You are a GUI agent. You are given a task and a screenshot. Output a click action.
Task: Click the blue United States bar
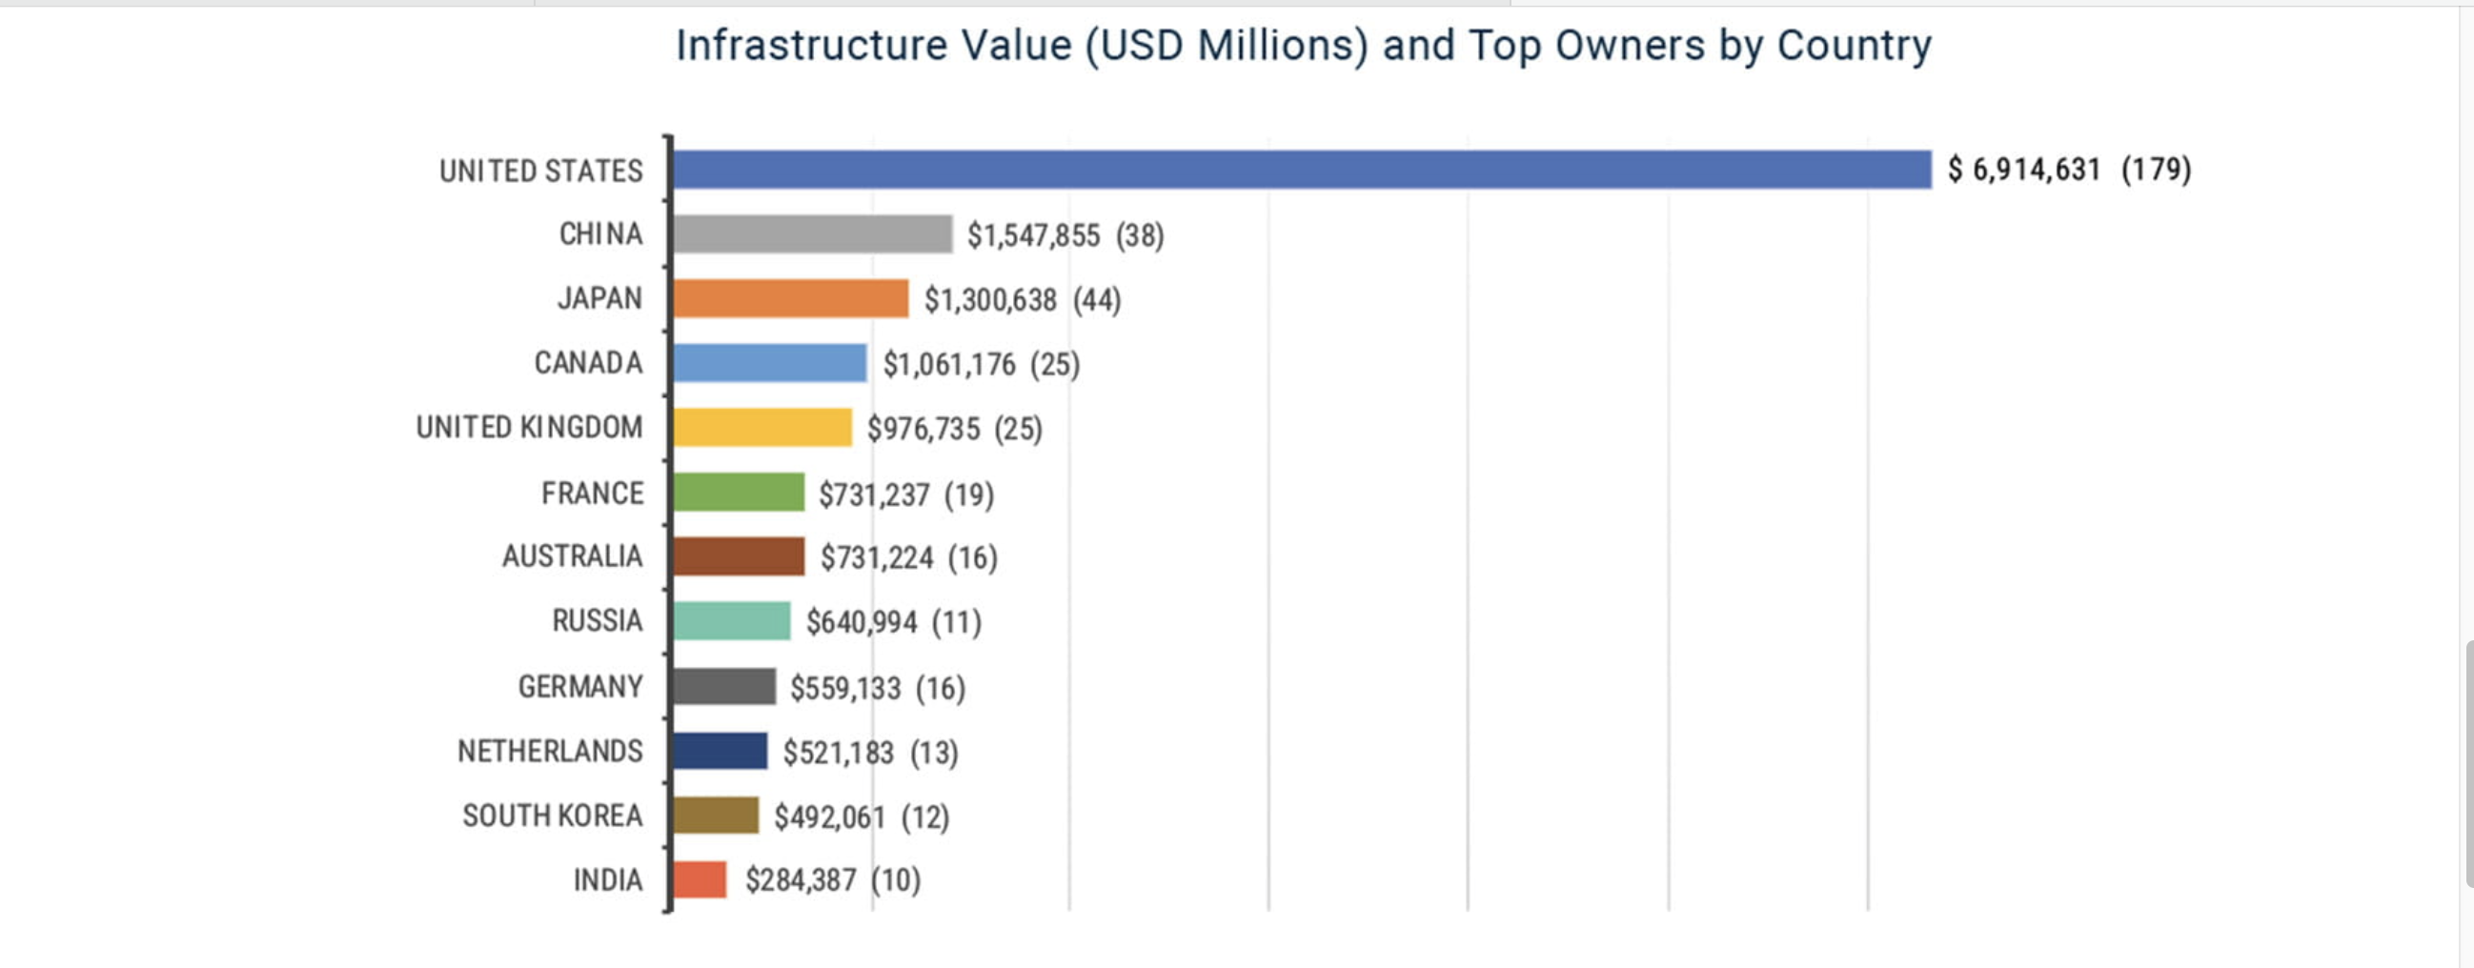point(1302,170)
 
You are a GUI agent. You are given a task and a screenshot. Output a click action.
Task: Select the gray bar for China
point(813,234)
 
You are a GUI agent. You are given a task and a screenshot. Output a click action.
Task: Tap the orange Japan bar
point(790,298)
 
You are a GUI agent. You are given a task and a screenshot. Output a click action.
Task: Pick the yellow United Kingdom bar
point(762,428)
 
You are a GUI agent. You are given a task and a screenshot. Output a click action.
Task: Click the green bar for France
point(739,493)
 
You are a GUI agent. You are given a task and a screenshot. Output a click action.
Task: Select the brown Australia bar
point(739,557)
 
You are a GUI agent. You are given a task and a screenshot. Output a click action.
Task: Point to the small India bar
point(700,879)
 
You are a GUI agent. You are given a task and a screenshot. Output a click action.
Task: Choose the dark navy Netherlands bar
point(720,751)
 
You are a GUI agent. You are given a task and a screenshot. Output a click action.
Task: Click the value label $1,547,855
point(1033,235)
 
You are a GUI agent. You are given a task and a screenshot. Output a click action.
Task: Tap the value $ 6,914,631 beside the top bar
point(2023,170)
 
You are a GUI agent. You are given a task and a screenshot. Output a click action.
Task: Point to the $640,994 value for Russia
point(862,622)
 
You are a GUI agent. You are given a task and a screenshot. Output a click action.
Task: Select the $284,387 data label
point(800,879)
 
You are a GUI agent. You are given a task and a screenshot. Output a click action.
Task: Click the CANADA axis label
point(588,363)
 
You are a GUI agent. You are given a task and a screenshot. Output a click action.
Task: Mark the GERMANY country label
point(580,687)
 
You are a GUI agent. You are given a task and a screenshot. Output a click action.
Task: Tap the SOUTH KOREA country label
point(552,816)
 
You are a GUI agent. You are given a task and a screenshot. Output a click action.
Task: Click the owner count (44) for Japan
point(1097,299)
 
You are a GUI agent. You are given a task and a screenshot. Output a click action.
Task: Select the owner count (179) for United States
point(2156,170)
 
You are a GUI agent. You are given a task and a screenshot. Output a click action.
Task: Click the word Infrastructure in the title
point(812,45)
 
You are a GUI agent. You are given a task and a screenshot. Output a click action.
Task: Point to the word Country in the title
point(1854,45)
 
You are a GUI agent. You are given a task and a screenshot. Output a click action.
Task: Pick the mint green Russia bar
point(732,621)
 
